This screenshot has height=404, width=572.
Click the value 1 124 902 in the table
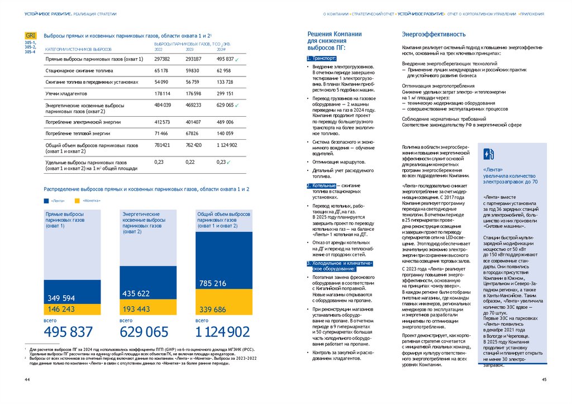click(x=227, y=145)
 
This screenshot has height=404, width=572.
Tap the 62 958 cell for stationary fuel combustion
click(x=223, y=71)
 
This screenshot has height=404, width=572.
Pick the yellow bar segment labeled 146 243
click(x=73, y=309)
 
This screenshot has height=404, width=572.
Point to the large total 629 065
click(x=144, y=332)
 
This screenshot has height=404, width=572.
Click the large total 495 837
click(x=68, y=332)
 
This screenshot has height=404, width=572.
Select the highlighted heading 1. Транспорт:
click(x=322, y=58)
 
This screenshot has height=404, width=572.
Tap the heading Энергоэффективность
click(x=426, y=34)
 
